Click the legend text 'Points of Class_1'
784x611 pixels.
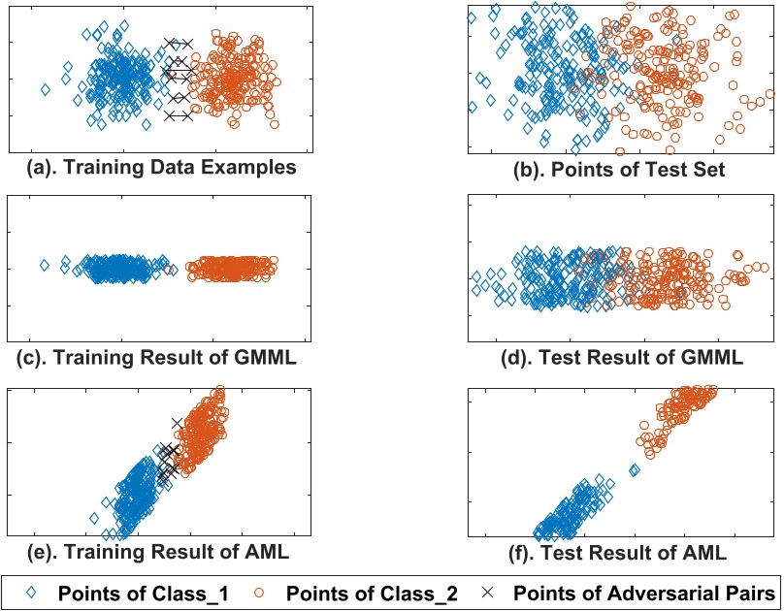(142, 592)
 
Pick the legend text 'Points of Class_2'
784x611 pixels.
(387, 592)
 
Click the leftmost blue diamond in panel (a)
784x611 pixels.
(46, 90)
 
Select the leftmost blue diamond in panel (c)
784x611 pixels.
(45, 265)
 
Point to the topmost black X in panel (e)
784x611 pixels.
(176, 423)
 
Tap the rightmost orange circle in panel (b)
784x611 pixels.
(770, 94)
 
